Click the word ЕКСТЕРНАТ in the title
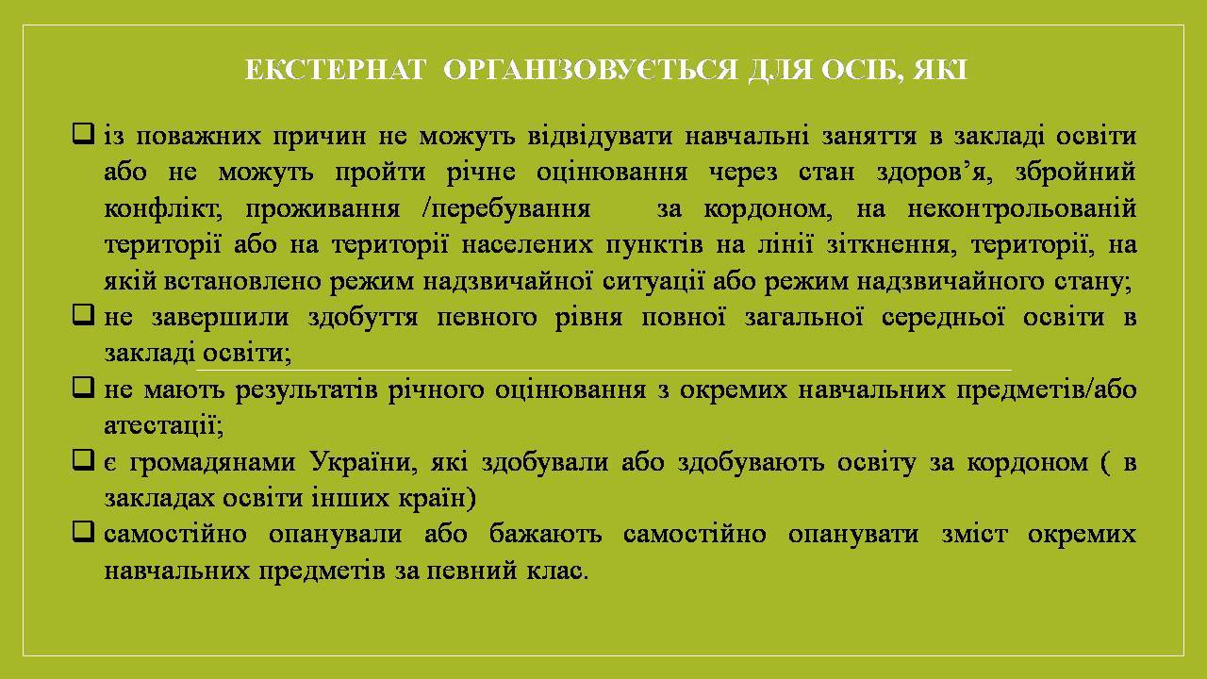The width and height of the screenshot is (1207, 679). tap(335, 71)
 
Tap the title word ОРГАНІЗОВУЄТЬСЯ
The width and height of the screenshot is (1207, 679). tap(590, 71)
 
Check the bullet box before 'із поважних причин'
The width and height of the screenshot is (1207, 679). tap(83, 133)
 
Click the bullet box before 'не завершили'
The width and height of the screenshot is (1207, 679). tap(83, 314)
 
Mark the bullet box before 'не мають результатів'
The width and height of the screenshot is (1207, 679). tap(83, 387)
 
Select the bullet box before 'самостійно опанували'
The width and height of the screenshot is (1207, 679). tap(83, 532)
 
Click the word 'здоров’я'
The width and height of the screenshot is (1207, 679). tap(934, 173)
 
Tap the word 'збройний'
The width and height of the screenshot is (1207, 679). tap(1076, 173)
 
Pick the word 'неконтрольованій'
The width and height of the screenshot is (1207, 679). tap(1022, 208)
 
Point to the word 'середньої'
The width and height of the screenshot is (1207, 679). tap(943, 318)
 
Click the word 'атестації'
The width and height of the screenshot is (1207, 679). tap(164, 425)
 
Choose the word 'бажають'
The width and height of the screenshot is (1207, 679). tap(545, 535)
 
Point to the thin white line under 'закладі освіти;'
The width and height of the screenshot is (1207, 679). tap(603, 371)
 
